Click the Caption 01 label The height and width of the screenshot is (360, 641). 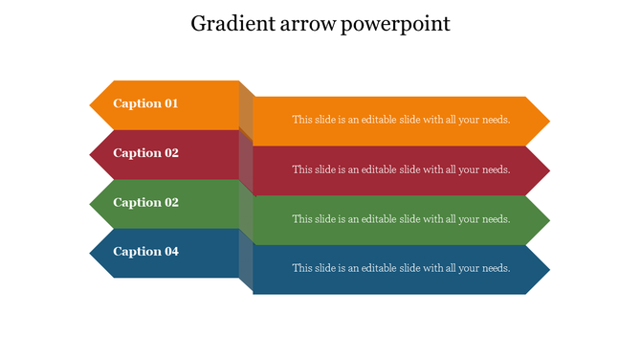[x=145, y=103]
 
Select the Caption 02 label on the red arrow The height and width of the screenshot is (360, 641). [x=145, y=153]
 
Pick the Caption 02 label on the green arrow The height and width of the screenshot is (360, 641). [x=145, y=203]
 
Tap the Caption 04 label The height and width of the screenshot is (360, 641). [x=145, y=252]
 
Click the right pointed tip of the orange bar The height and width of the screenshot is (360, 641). [x=547, y=122]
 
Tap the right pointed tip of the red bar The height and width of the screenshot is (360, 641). [x=547, y=171]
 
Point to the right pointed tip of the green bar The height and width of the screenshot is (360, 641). [x=547, y=221]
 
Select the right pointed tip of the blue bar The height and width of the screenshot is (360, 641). [x=547, y=270]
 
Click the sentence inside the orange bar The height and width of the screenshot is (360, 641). [x=401, y=121]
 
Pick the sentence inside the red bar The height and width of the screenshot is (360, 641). [x=401, y=170]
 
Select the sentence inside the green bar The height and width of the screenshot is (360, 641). [x=401, y=219]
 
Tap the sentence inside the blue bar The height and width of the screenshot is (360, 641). [x=401, y=268]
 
